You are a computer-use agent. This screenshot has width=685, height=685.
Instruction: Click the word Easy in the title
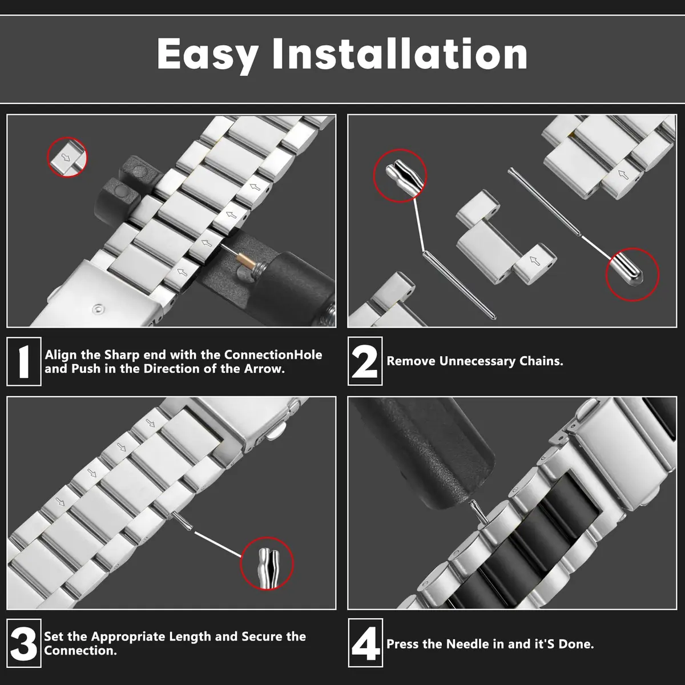tap(208, 55)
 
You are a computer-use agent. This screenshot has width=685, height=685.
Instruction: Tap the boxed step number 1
tap(24, 361)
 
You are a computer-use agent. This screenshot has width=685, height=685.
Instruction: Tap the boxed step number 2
tap(365, 361)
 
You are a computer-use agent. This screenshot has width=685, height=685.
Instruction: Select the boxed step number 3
tap(24, 643)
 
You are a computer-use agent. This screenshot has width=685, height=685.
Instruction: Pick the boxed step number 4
tap(365, 643)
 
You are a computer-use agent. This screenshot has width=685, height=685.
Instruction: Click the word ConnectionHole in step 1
tap(273, 354)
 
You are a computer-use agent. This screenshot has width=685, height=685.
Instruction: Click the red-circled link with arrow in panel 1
tap(67, 157)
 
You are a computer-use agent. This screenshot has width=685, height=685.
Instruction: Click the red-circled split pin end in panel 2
tap(400, 176)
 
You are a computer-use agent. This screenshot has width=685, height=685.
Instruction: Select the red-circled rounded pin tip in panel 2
tap(632, 275)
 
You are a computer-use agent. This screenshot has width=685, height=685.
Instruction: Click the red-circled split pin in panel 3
tap(267, 563)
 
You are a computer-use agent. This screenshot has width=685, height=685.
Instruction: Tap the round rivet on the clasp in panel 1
tap(98, 309)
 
